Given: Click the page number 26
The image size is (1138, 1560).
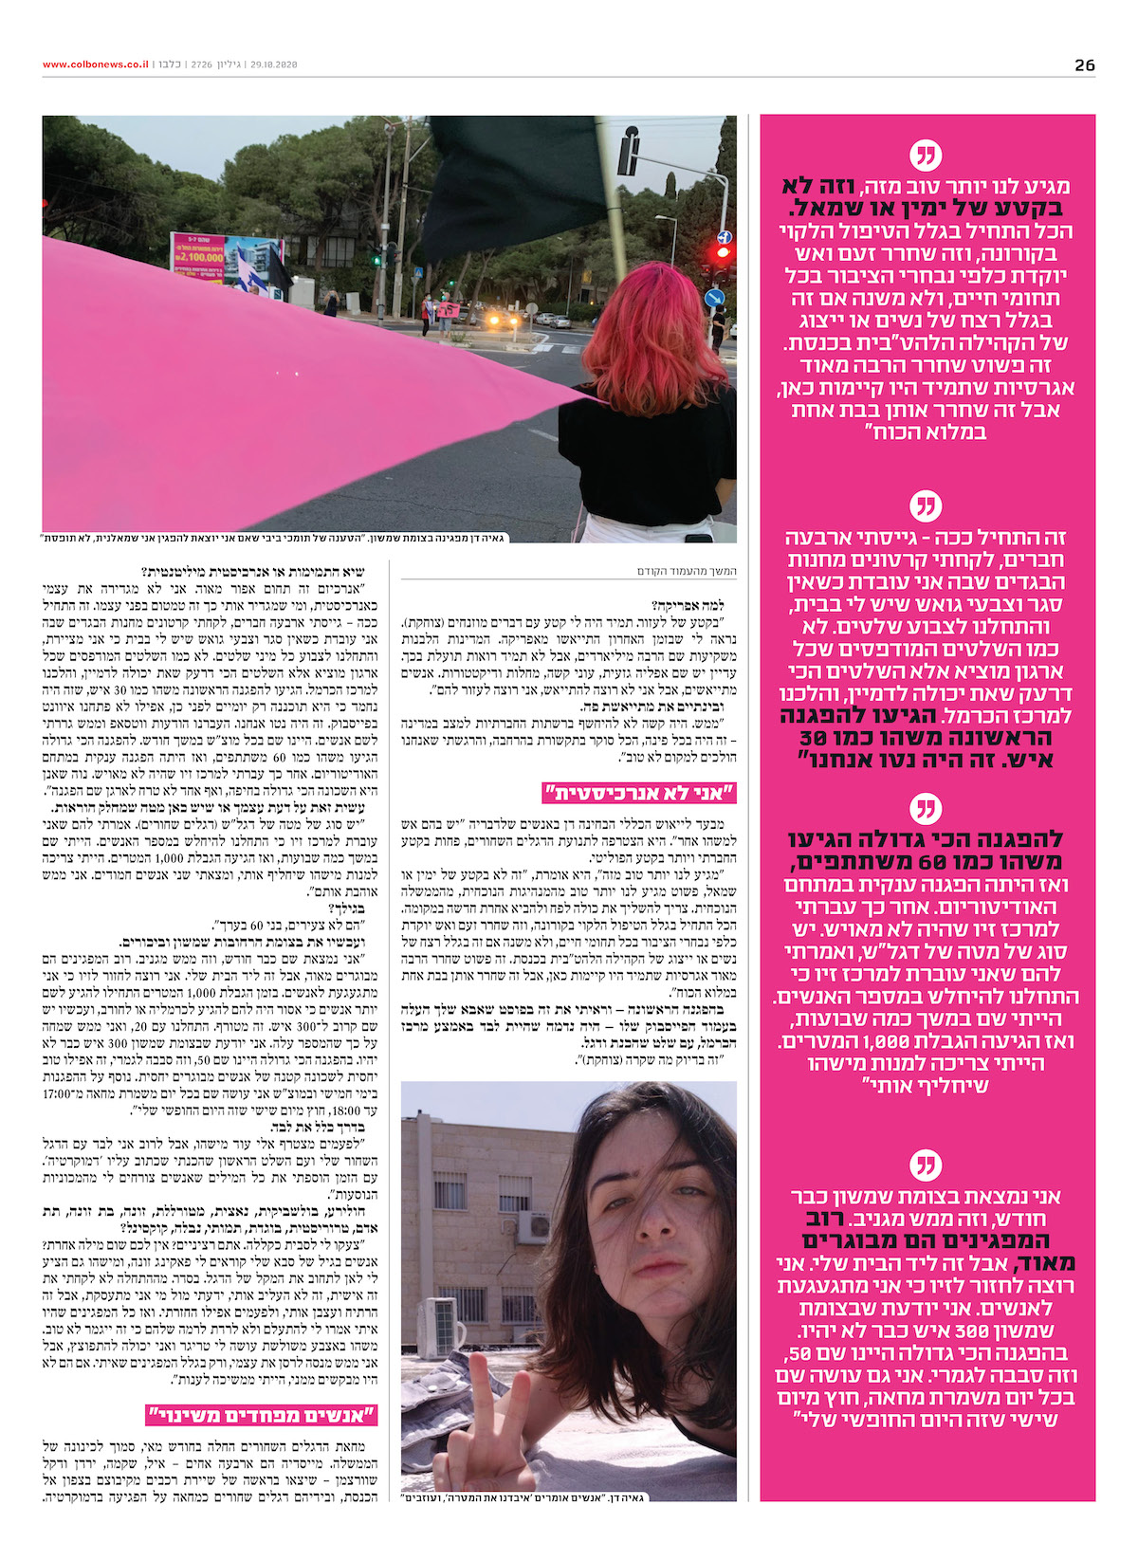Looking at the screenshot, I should (1084, 65).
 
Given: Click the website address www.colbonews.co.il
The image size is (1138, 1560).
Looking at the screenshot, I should (95, 64).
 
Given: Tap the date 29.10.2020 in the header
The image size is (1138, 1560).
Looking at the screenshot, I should (274, 64).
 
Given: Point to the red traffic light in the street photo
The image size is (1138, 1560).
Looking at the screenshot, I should (724, 252).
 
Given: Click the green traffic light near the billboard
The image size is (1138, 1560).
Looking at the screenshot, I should (376, 258).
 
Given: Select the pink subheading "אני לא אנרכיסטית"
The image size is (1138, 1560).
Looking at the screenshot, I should (639, 793).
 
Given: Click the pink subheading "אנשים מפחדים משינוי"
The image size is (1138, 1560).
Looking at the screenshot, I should (263, 1415).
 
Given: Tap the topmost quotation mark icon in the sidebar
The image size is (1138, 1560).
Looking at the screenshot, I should (926, 155).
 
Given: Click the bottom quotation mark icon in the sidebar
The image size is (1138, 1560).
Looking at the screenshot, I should (926, 1165).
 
